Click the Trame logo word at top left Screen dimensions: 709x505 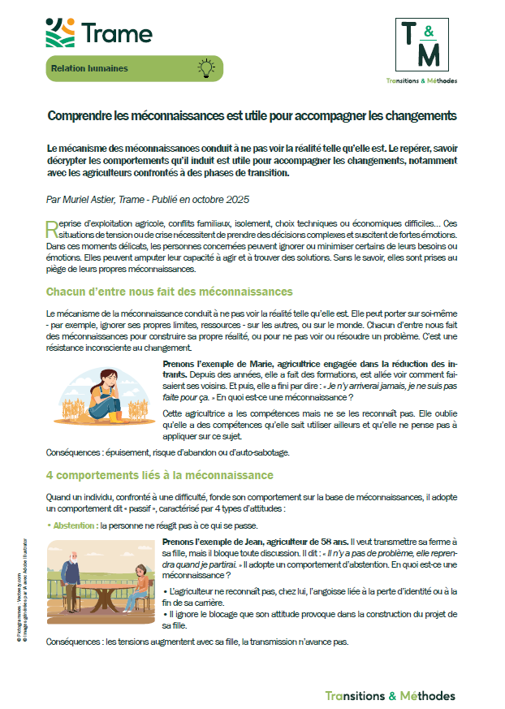[x=117, y=33]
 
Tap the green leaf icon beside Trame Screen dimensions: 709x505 [x=62, y=33]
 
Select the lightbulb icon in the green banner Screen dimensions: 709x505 [x=206, y=68]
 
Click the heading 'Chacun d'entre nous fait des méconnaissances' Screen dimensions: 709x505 [x=169, y=291]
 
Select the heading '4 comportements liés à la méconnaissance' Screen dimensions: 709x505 [x=159, y=475]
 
